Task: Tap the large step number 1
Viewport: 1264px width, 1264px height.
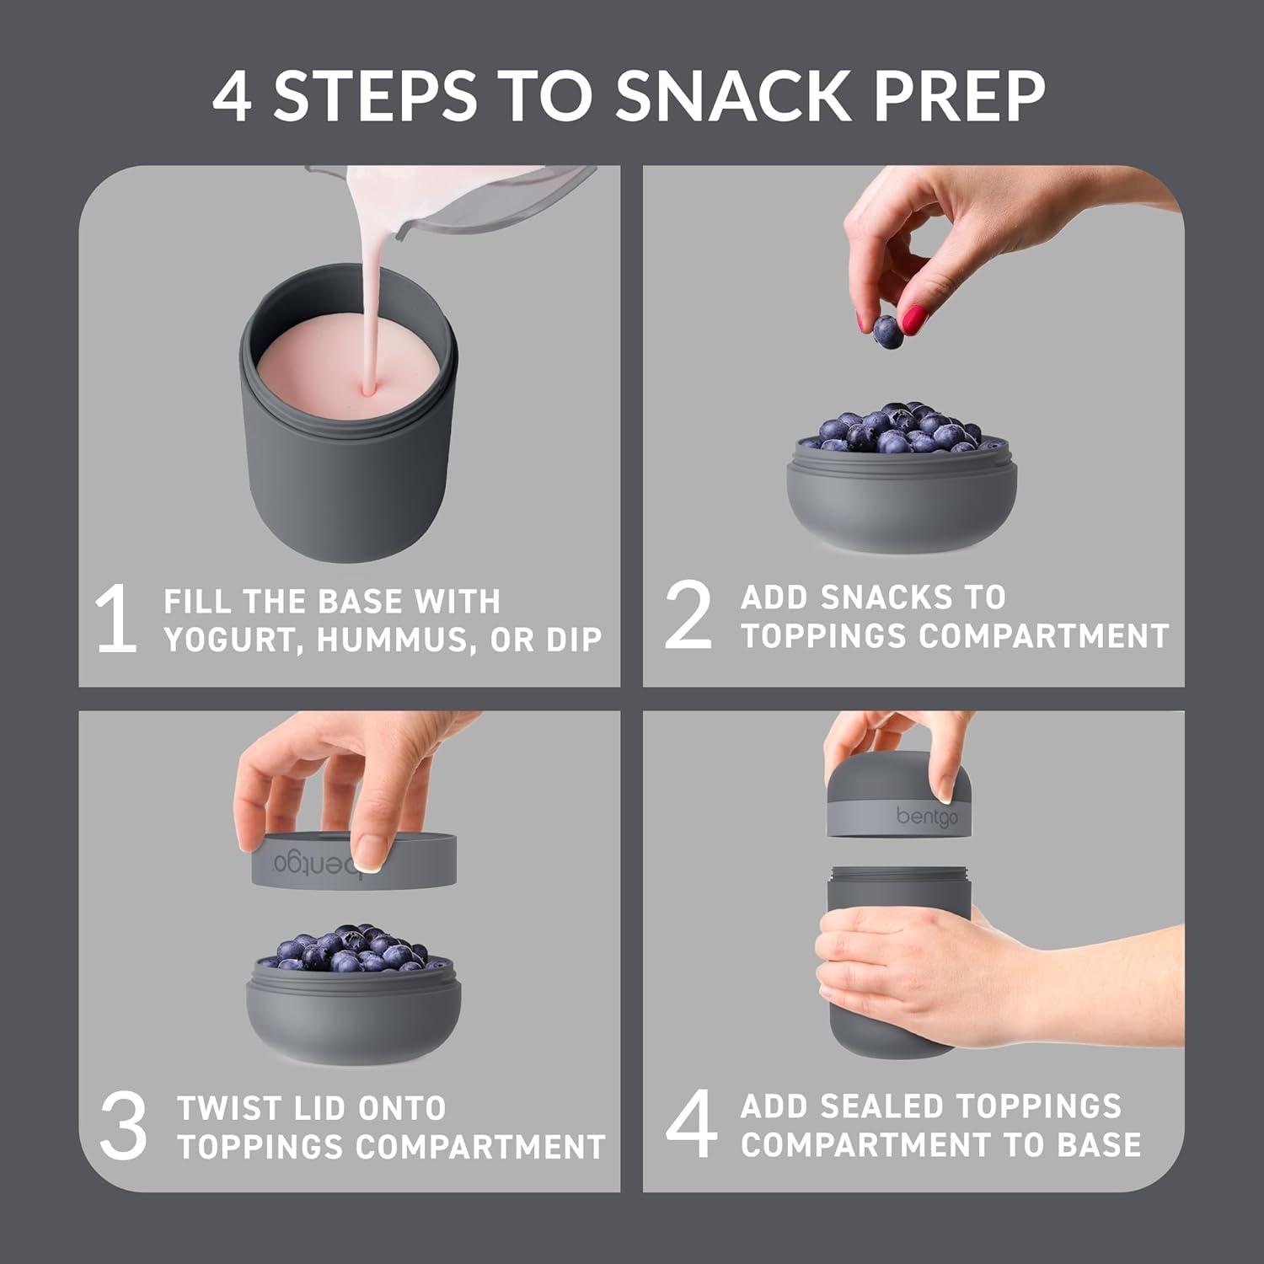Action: tap(116, 620)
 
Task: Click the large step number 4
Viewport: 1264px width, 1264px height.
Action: tap(691, 1124)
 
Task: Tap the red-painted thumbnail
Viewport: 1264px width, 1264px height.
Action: tap(913, 319)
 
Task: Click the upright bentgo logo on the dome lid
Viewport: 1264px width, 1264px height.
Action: tap(926, 817)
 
